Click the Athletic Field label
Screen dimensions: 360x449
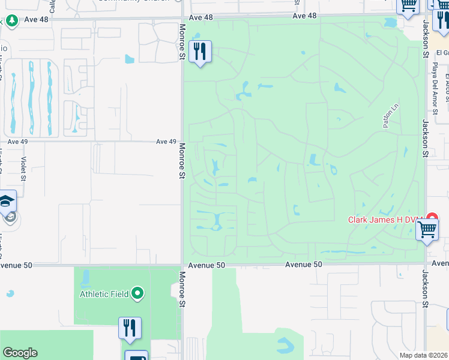click(x=106, y=294)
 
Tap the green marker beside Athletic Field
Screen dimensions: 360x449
click(x=138, y=293)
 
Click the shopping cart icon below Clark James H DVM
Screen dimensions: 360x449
click(x=427, y=229)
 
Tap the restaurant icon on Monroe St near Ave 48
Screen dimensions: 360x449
click(x=200, y=52)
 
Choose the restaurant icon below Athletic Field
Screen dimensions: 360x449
click(x=130, y=328)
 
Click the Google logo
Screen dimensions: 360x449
click(x=20, y=353)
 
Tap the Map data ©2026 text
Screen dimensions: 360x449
click(x=423, y=355)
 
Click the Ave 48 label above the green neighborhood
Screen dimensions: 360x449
click(x=304, y=16)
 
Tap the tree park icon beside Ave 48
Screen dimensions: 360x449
click(x=11, y=20)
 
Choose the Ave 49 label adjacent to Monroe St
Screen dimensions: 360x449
click(x=166, y=142)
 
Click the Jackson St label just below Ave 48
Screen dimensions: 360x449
click(x=425, y=38)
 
